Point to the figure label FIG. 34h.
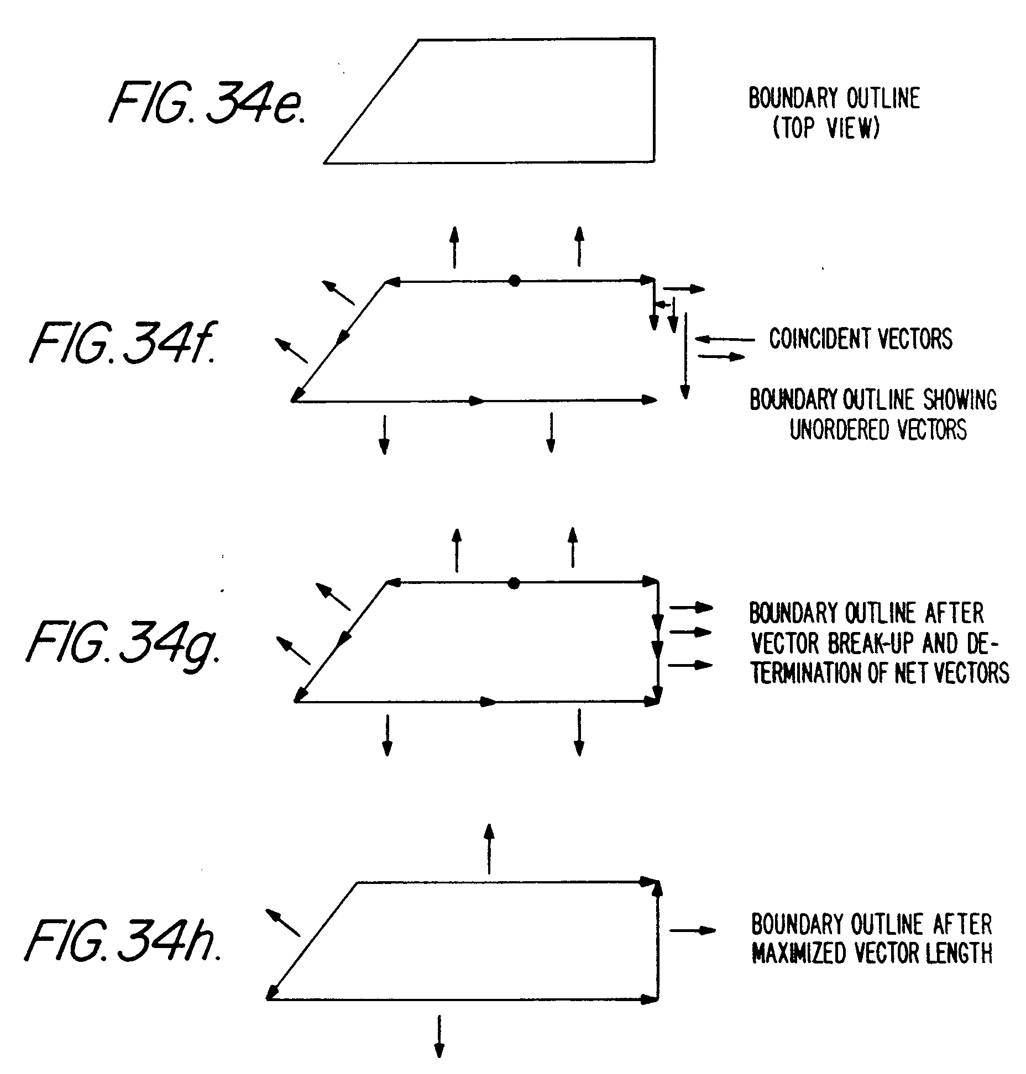123,943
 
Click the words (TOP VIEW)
826,129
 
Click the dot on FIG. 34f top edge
515,281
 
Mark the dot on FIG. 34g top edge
514,583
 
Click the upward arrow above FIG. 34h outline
489,849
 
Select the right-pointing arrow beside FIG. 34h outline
693,931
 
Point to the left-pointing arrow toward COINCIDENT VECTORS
724,339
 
